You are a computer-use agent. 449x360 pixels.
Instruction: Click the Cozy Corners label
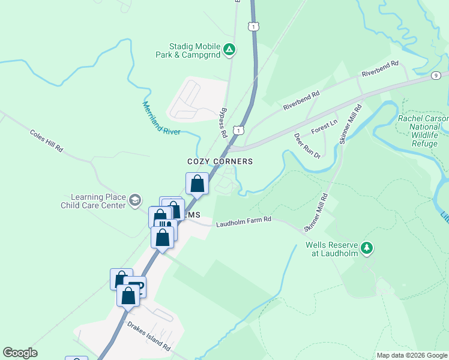220,161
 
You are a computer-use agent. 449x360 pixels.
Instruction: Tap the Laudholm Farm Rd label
244,220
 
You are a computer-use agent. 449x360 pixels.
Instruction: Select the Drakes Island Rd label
148,335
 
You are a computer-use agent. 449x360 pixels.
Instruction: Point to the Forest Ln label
324,127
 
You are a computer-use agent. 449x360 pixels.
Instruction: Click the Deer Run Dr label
307,146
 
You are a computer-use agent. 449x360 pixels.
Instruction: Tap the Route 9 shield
435,75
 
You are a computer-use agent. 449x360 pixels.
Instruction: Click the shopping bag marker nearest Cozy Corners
197,184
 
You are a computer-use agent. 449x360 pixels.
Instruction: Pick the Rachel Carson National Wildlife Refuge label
423,131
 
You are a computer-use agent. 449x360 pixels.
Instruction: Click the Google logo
20,353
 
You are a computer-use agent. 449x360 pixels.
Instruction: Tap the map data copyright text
411,355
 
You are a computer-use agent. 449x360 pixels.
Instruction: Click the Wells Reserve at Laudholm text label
332,249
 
